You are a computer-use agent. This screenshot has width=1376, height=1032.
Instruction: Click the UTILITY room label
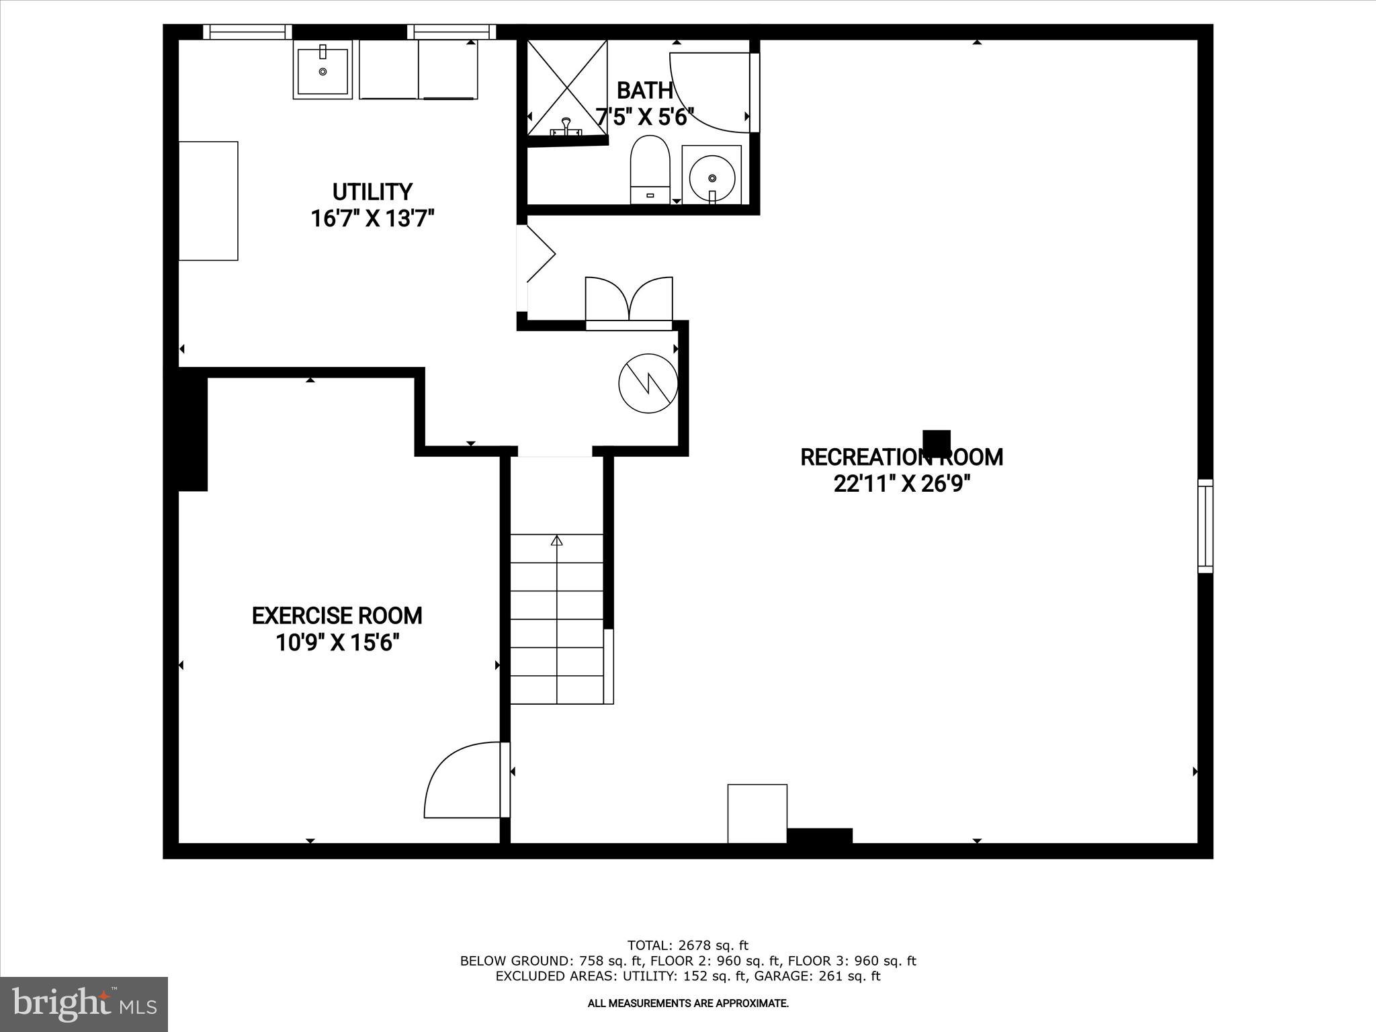click(x=372, y=192)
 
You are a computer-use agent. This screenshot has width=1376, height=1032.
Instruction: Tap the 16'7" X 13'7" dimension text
click(x=372, y=219)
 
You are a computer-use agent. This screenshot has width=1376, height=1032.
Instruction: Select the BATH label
click(x=644, y=90)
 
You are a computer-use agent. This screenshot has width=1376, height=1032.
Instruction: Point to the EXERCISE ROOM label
click(x=337, y=615)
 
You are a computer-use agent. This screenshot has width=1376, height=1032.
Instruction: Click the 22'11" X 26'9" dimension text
click(x=902, y=484)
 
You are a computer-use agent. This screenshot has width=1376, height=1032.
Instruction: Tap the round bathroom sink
click(x=712, y=176)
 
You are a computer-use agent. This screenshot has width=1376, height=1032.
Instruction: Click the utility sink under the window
click(x=322, y=69)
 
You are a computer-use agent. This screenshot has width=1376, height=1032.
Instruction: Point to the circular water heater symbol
click(x=648, y=383)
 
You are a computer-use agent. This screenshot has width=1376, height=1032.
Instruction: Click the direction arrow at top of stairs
click(x=556, y=541)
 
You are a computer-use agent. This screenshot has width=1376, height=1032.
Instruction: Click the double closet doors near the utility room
click(x=629, y=301)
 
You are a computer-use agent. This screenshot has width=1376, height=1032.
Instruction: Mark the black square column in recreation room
click(x=937, y=443)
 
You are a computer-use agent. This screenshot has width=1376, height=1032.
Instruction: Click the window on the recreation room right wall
click(x=1205, y=526)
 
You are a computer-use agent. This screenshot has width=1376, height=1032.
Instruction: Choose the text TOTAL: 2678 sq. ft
click(x=687, y=946)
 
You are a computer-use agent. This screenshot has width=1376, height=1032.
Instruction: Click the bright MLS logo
click(x=84, y=1004)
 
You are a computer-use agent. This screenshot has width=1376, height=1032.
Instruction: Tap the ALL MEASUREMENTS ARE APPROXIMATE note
click(x=687, y=1003)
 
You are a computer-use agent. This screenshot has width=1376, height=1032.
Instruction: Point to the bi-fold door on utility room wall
click(x=537, y=254)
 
